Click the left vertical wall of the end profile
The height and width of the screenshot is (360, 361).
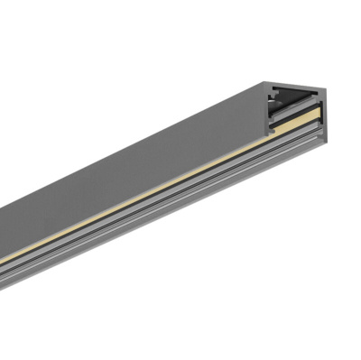[265, 113]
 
